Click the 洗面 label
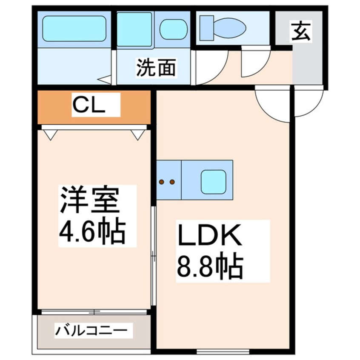[x=156, y=68]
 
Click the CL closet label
[x=88, y=105]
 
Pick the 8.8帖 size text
[x=210, y=265]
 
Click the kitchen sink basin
[x=213, y=181]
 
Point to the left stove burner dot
[x=162, y=182]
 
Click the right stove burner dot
[x=172, y=182]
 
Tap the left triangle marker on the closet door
[x=50, y=135]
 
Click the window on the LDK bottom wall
[x=223, y=351]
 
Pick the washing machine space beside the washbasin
[x=135, y=29]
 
